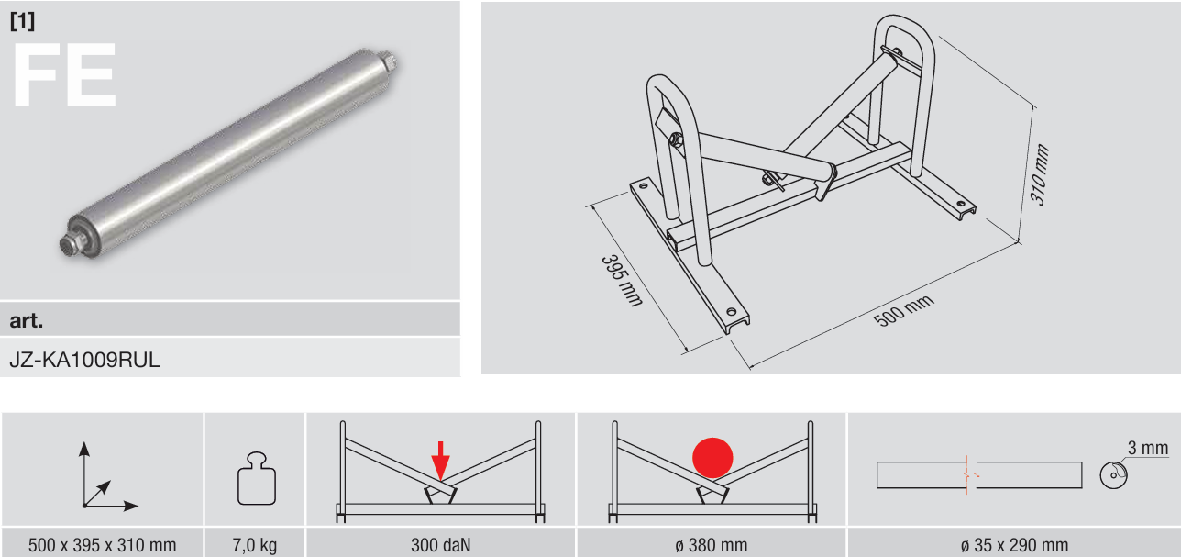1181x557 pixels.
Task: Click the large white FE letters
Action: point(64,75)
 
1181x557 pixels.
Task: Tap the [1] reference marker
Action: point(22,20)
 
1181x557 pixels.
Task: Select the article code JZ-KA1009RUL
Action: point(85,360)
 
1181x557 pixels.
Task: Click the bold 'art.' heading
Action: point(27,320)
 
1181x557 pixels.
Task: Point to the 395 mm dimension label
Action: point(622,281)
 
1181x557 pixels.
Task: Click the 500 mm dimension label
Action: point(904,310)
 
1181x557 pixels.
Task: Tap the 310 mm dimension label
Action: point(1040,174)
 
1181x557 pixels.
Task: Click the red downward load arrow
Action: point(441,461)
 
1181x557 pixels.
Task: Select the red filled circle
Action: point(712,458)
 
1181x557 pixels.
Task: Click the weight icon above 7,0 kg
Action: point(257,478)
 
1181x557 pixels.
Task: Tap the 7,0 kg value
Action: point(255,545)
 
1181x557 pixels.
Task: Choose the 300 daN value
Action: point(441,545)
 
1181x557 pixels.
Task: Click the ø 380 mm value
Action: point(712,545)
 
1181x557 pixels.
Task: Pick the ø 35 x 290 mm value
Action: point(1014,545)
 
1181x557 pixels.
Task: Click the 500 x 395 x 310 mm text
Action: point(103,545)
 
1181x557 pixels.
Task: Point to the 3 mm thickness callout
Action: point(1148,449)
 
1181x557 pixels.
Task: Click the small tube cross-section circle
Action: point(1113,474)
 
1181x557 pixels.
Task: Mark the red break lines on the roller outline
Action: point(971,474)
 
